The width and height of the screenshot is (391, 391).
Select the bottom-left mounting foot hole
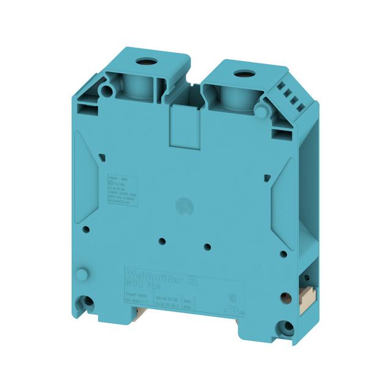(89, 301)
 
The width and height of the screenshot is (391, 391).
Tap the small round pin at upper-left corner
(106, 90)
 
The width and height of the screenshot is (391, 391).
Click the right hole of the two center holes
(208, 247)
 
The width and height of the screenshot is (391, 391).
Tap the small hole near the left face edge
(86, 230)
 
